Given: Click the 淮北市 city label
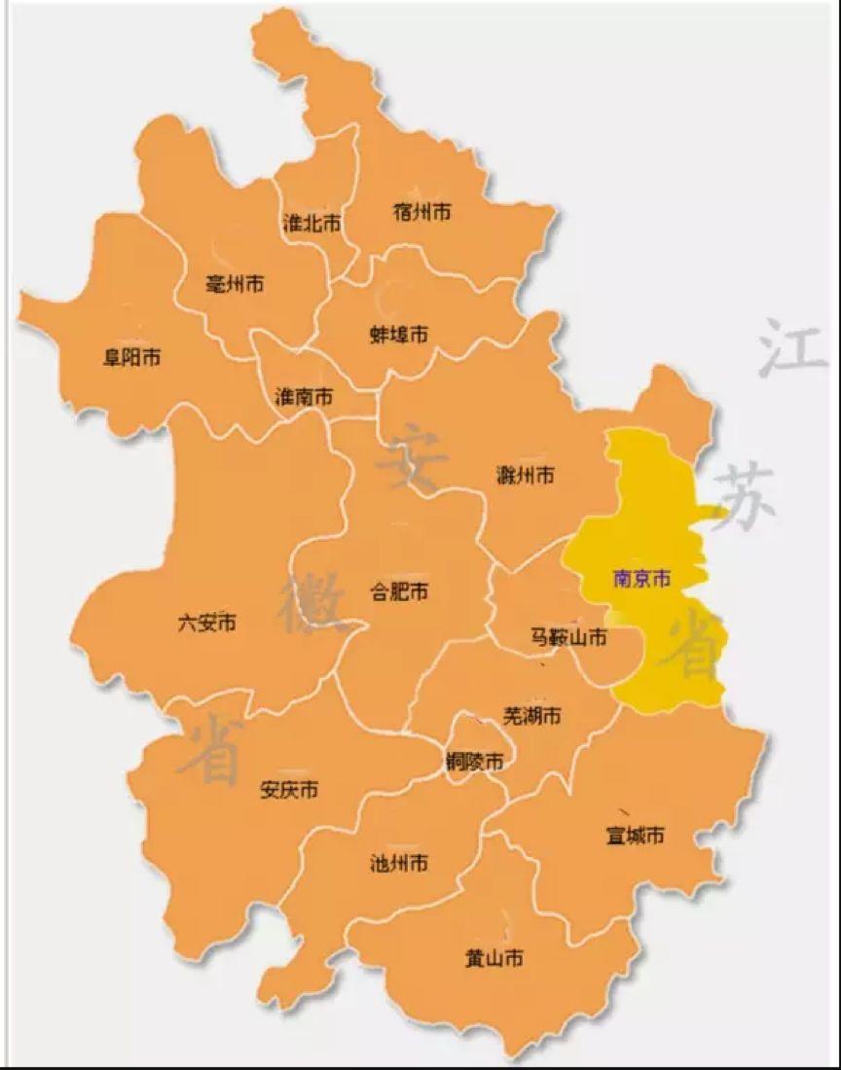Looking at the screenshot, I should pos(311,224).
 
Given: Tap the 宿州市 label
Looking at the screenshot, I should pos(422,211).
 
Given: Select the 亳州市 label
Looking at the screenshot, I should pos(236,284).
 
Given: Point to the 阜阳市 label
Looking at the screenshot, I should pos(132,357).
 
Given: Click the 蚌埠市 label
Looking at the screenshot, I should pos(399,335).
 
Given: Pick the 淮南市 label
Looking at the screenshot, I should pos(304,397).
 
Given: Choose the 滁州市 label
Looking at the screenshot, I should pos(526,475).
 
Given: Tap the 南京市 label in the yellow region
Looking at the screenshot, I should pos(641,579).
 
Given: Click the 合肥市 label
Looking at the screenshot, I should pos(400,590).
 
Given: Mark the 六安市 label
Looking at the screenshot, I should pos(206,623).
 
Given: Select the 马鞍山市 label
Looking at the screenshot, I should pos(568,638).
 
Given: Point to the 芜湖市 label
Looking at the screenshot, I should pos(531,716).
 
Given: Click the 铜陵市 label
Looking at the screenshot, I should pos(474,762).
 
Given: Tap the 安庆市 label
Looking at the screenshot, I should pos(289,790).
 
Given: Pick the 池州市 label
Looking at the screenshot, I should pos(399,863).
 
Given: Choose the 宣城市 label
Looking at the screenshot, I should pos(636,836).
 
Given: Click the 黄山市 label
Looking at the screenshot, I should pos(494,959).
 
